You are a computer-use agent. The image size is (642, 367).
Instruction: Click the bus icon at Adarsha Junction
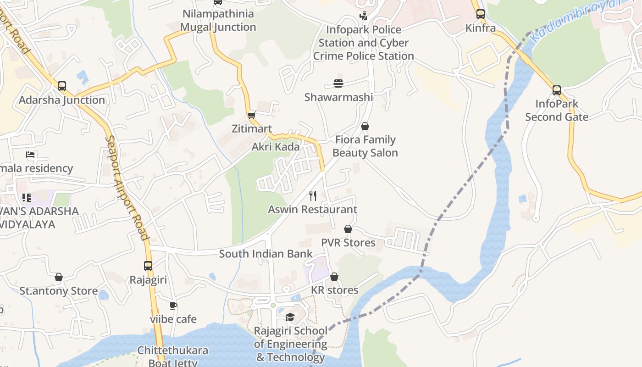click(x=62, y=86)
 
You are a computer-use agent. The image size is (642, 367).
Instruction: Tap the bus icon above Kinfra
click(x=480, y=14)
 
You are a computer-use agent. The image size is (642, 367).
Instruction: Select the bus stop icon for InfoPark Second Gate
click(x=557, y=90)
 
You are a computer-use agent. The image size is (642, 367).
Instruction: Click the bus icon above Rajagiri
click(x=148, y=266)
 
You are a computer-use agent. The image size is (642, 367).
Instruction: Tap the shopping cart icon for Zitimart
click(x=251, y=115)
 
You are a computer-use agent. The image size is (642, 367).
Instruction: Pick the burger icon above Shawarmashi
click(x=338, y=83)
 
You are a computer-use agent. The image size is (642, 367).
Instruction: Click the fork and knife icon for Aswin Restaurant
click(x=313, y=196)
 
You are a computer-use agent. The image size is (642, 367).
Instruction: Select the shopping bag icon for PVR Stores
click(x=348, y=229)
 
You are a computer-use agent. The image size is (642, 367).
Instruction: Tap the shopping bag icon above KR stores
click(x=334, y=277)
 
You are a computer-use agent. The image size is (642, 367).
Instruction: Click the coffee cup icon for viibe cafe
click(x=173, y=306)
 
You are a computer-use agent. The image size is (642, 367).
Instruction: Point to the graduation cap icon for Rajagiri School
click(x=290, y=317)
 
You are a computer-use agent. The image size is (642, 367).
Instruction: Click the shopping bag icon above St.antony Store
click(x=59, y=277)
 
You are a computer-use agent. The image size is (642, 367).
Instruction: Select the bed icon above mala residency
click(x=30, y=155)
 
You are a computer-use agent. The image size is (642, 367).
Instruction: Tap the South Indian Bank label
click(x=266, y=254)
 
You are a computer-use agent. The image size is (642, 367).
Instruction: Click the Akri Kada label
click(x=275, y=147)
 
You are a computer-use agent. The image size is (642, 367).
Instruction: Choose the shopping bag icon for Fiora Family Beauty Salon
click(x=365, y=126)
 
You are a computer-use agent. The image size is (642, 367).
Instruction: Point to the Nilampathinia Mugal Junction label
click(x=218, y=20)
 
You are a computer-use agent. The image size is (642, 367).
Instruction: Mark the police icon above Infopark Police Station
click(x=363, y=16)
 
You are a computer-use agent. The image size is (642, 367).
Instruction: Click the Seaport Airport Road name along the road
click(x=127, y=188)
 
